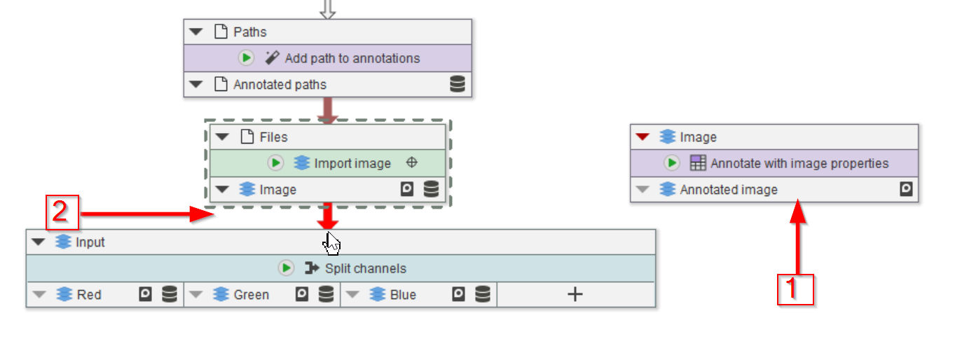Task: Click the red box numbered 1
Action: (x=795, y=289)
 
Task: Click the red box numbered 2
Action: (x=62, y=213)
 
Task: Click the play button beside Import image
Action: (x=276, y=163)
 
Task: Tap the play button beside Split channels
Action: (x=286, y=268)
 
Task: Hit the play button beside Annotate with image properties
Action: (x=672, y=163)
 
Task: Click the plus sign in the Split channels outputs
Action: (x=575, y=295)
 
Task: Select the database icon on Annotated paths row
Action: (x=457, y=85)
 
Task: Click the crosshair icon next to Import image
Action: (x=412, y=163)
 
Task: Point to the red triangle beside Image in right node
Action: (x=643, y=137)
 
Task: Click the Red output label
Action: (x=89, y=295)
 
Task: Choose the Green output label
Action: (x=251, y=295)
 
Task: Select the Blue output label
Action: (x=403, y=295)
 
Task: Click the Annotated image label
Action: (x=729, y=190)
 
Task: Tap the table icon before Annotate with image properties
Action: (x=698, y=163)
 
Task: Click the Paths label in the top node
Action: (x=250, y=32)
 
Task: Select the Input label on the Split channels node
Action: (x=90, y=242)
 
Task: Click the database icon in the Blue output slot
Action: (x=483, y=295)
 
